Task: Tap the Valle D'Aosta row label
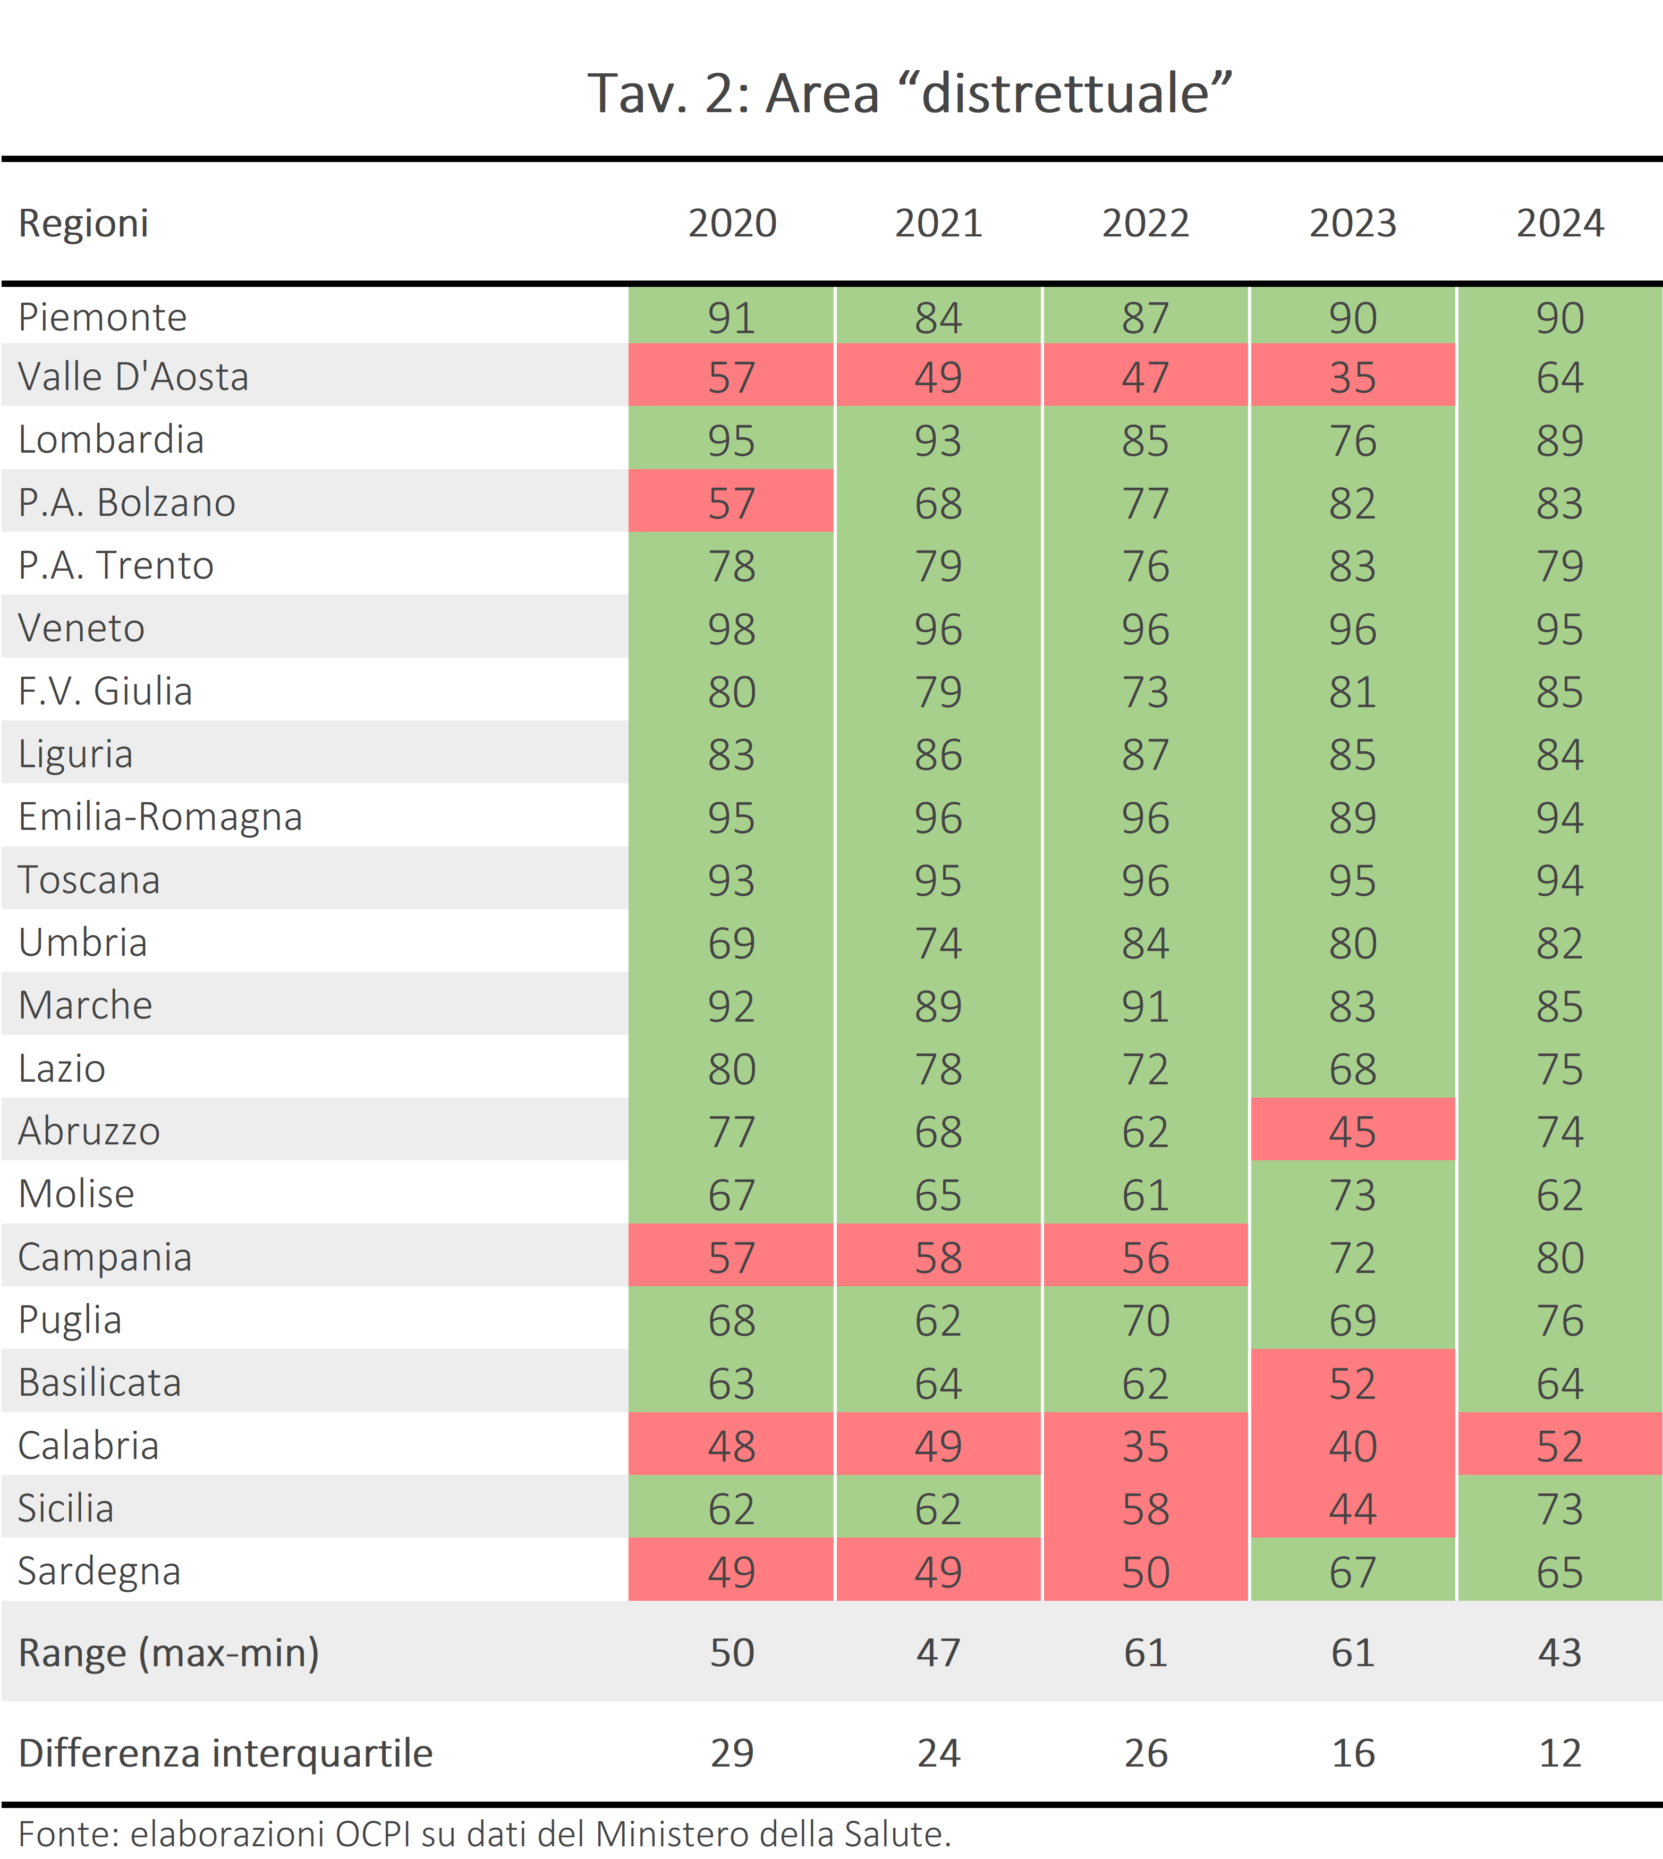click(x=133, y=376)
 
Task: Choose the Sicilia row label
click(x=66, y=1507)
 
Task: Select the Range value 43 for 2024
click(x=1560, y=1652)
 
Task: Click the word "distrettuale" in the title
click(x=1065, y=93)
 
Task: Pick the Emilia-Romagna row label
click(x=160, y=817)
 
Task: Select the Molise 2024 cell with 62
click(x=1560, y=1193)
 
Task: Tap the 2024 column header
click(x=1560, y=224)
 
